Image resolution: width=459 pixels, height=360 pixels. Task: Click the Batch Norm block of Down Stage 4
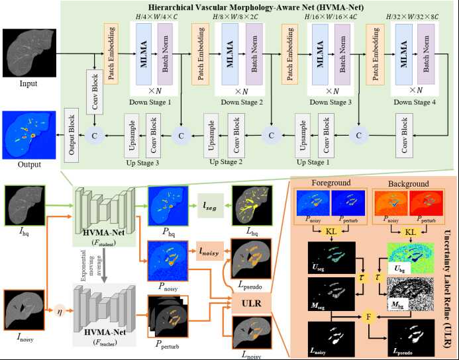point(427,53)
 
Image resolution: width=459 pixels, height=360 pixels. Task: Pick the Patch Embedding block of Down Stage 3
point(289,52)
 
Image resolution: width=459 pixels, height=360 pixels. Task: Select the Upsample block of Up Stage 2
point(210,134)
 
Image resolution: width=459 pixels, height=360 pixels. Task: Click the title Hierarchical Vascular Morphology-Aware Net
point(258,8)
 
